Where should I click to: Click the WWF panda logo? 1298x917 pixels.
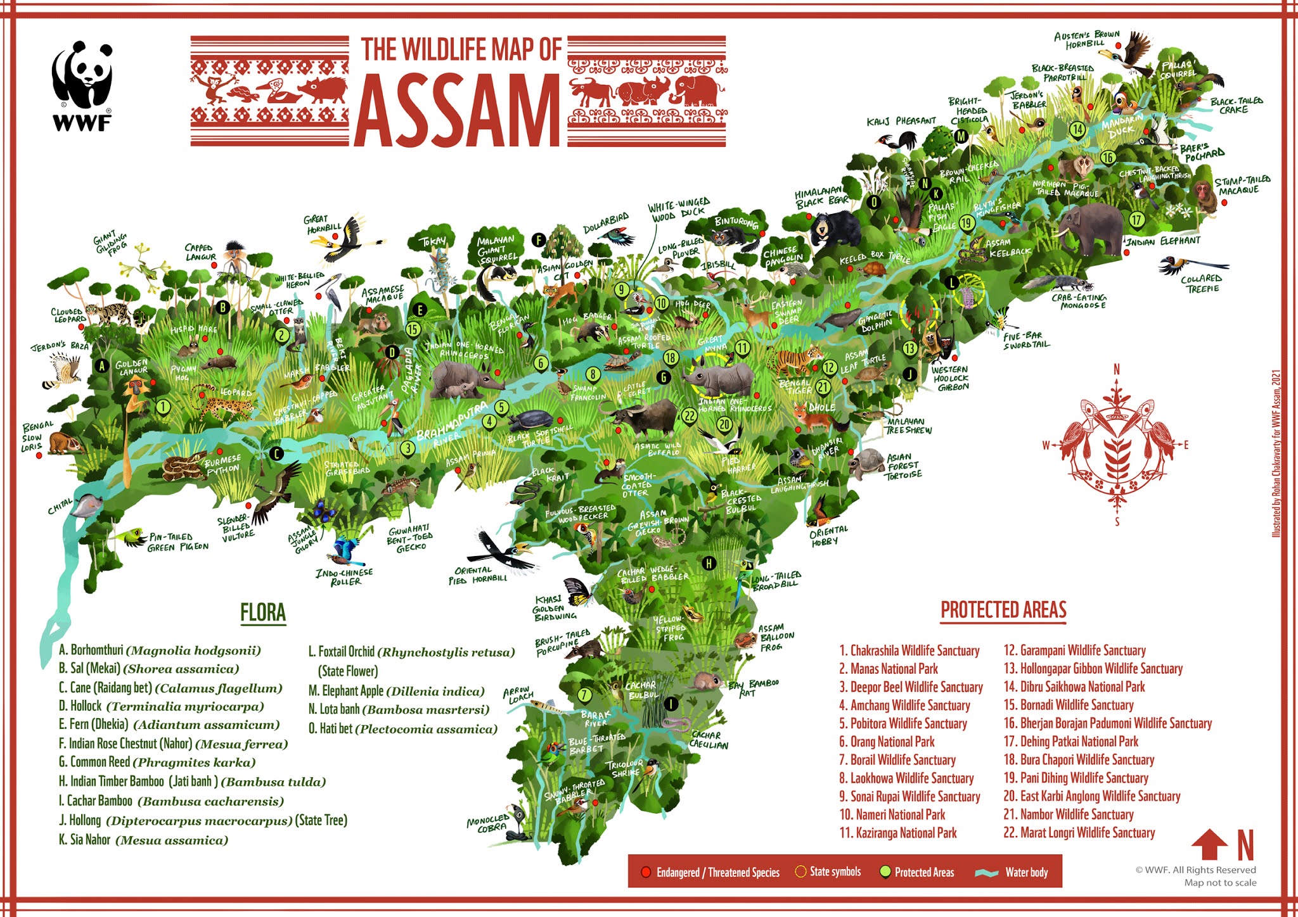click(x=82, y=82)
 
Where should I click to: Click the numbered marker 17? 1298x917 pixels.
click(x=1136, y=220)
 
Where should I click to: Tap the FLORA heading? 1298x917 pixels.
click(x=263, y=613)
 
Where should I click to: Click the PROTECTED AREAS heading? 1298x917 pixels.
click(x=1003, y=610)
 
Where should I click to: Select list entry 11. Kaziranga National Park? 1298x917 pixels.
click(x=898, y=833)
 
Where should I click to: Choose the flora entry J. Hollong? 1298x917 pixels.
click(x=203, y=821)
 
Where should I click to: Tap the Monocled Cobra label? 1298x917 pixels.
click(x=489, y=823)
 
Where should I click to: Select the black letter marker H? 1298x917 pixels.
click(x=709, y=563)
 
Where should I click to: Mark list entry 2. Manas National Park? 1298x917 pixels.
click(x=888, y=669)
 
